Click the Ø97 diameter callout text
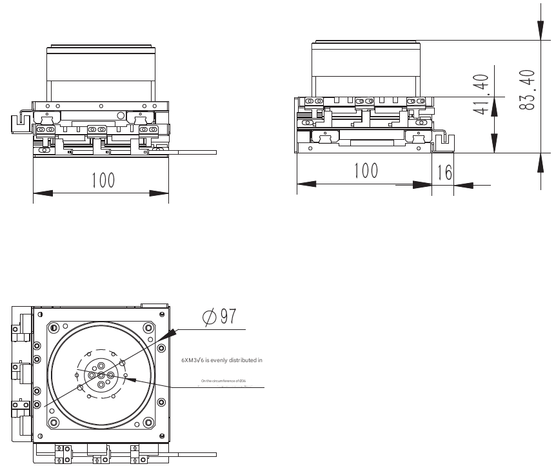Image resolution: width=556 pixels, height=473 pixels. pos(219,317)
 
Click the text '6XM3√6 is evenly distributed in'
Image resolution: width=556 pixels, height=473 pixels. pos(221,360)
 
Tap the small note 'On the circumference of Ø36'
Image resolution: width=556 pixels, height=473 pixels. pos(223,381)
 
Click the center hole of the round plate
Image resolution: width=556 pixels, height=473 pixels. pos(101,375)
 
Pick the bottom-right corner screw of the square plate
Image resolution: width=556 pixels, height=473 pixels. pos(149,423)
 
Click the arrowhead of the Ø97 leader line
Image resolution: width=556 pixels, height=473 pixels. pos(171,333)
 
